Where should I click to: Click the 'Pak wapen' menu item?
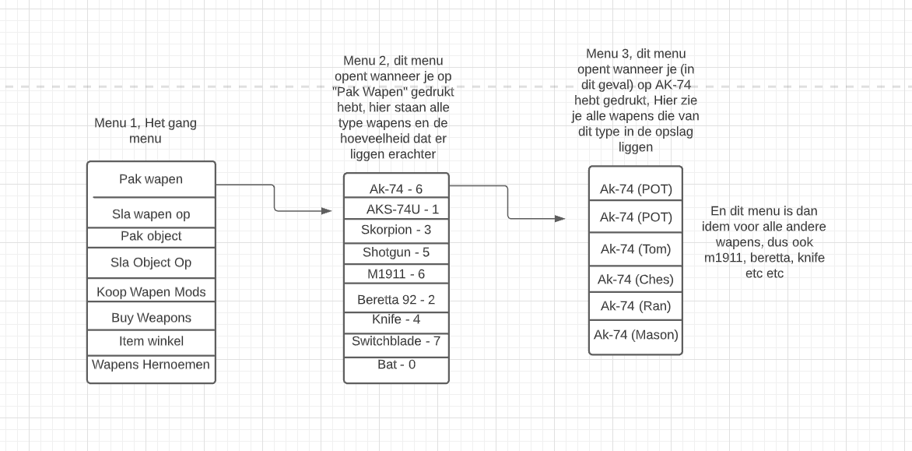click(151, 179)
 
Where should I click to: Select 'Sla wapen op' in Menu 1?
click(151, 213)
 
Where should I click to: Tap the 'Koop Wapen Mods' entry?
click(151, 292)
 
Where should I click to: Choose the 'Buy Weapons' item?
click(151, 318)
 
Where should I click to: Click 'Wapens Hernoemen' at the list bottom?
click(151, 365)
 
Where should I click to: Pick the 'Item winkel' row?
click(151, 341)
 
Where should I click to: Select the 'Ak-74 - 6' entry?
click(396, 189)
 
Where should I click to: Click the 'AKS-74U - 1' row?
click(396, 210)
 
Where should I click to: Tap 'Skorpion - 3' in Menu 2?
click(396, 231)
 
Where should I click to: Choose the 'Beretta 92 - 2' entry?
click(396, 299)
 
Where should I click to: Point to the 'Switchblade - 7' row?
click(396, 341)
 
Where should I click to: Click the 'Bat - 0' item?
click(396, 364)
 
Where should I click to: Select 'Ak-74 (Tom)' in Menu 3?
click(636, 249)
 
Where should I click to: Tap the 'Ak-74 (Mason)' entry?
click(636, 335)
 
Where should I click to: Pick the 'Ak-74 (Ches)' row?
click(636, 279)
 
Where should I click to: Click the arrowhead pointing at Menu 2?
click(328, 210)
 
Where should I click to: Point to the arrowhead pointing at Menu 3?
click(561, 219)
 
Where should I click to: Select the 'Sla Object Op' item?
click(151, 262)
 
